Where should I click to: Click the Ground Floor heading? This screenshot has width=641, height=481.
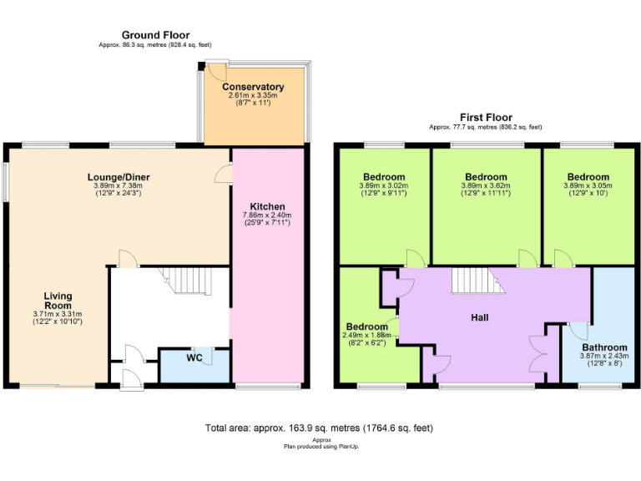pos(155,35)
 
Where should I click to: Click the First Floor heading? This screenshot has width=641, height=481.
pos(486,118)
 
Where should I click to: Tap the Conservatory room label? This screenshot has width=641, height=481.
pos(253,87)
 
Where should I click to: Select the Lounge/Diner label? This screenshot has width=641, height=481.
pos(119,177)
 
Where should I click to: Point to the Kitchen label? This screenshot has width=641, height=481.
pos(268,206)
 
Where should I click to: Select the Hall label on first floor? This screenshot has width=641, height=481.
pos(479,317)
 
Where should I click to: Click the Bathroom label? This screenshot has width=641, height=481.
pos(604,347)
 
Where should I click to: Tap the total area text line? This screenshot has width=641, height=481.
pos(319,428)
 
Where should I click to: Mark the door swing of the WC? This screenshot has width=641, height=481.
pos(204,357)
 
